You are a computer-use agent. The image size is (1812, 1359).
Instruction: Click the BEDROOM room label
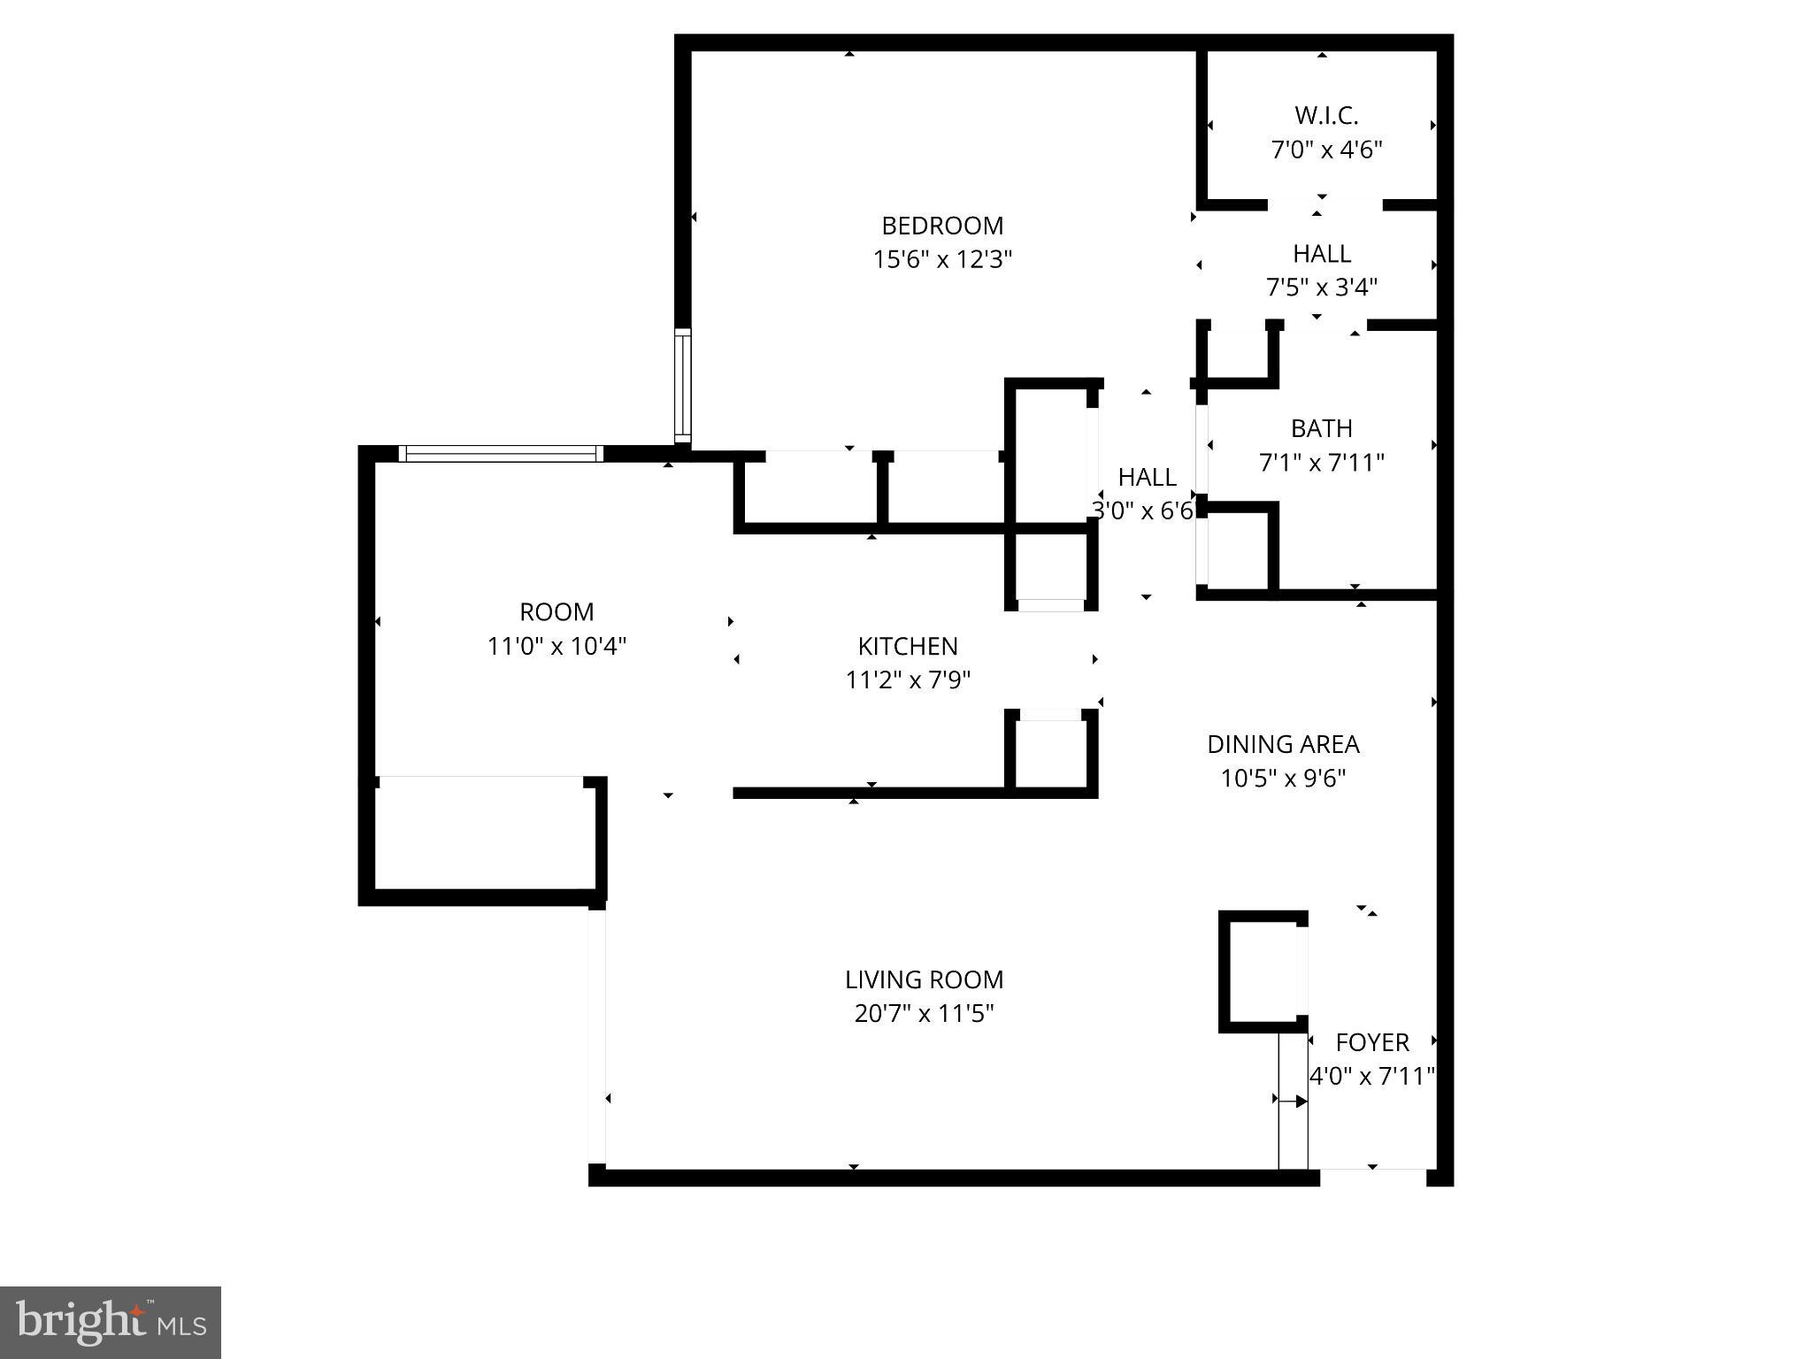coord(942,226)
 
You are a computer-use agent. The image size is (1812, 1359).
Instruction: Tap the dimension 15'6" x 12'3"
coord(942,260)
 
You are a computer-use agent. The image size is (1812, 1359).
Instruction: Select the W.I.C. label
coord(1326,116)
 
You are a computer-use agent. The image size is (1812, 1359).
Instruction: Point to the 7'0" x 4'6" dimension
coord(1326,150)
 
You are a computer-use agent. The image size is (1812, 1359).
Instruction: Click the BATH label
coord(1321,428)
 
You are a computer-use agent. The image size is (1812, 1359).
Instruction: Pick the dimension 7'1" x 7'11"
coord(1321,463)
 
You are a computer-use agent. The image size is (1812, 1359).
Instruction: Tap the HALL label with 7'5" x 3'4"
coord(1322,254)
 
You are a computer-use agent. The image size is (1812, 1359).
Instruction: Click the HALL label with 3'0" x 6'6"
coord(1147,477)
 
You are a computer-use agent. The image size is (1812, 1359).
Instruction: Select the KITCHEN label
coord(908,646)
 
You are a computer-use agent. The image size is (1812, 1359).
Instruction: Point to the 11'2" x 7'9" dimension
coord(908,680)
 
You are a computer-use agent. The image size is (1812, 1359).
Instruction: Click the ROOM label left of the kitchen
coord(557,612)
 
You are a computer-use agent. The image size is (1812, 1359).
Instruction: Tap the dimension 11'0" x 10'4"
coord(557,647)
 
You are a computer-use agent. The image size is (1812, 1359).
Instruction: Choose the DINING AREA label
coord(1283,744)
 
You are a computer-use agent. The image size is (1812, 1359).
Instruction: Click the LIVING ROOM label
coord(924,979)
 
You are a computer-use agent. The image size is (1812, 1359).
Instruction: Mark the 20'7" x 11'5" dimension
coord(924,1014)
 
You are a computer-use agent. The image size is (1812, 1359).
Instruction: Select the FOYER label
coord(1372,1042)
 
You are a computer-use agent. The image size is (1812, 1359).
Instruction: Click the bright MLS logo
coord(111,1322)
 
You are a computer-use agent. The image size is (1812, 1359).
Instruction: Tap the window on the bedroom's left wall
coord(682,386)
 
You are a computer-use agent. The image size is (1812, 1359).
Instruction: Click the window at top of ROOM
coord(501,454)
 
